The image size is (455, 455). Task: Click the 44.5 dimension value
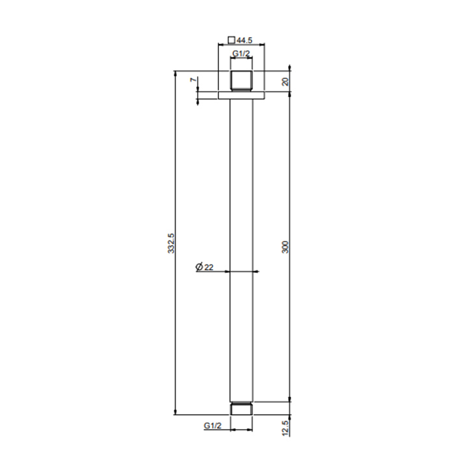[x=244, y=40]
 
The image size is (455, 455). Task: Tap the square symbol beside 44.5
[x=231, y=40]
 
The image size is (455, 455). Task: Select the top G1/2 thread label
[x=241, y=54]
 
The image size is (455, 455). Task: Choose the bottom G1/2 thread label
[x=213, y=425]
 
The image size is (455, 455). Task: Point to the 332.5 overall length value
[x=171, y=243]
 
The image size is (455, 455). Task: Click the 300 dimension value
[x=285, y=247]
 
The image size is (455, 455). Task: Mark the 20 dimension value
[x=285, y=81]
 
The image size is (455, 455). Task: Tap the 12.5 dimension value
[x=285, y=428]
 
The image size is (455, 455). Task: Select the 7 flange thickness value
[x=194, y=79]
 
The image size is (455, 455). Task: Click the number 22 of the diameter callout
[x=209, y=267]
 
